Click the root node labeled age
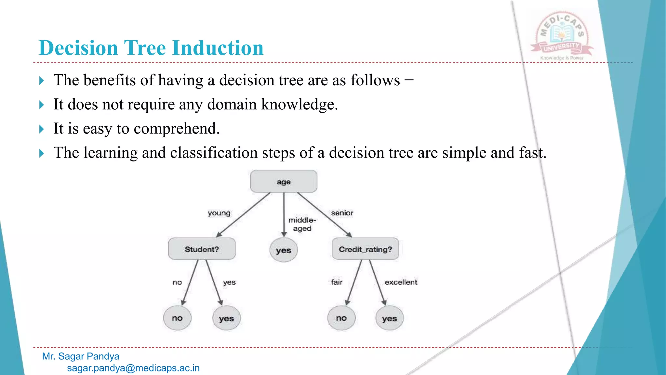pos(283,181)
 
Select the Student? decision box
pos(202,249)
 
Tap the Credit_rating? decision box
pos(365,249)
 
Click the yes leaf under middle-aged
pos(284,250)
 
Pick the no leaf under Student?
pos(177,318)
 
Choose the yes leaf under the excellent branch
pos(389,318)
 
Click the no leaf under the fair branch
pos(341,318)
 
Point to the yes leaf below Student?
pos(226,318)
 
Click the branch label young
pos(219,213)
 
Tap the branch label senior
pos(342,213)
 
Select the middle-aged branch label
pos(302,224)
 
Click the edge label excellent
pos(401,282)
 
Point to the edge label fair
pos(337,282)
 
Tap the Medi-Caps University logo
pos(562,36)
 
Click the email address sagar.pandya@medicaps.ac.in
pos(133,368)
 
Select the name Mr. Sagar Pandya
pos(81,356)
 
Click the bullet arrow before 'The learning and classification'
pos(41,153)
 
